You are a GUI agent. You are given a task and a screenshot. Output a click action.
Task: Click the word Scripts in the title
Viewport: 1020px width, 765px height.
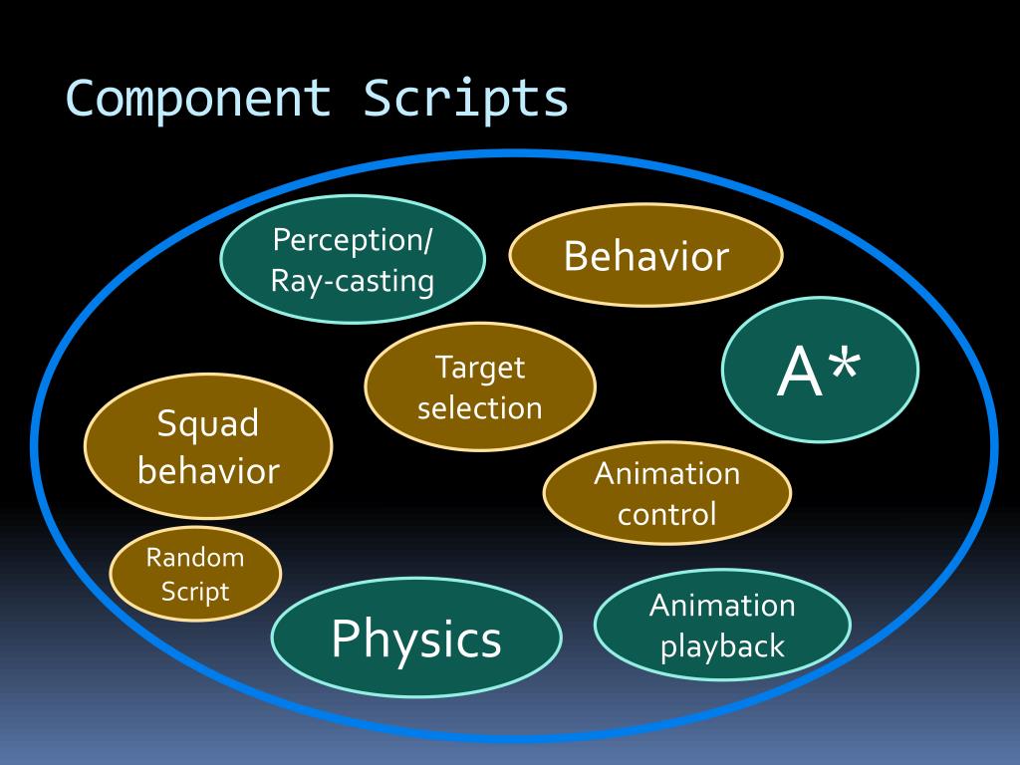465,99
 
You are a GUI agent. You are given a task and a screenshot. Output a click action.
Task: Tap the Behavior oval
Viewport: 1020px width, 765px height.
645,257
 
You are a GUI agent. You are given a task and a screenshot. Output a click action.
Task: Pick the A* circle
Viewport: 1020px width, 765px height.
819,371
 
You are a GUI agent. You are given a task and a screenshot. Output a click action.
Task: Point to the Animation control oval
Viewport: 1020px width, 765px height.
666,493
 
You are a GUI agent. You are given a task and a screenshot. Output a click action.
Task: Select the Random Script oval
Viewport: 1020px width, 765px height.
195,575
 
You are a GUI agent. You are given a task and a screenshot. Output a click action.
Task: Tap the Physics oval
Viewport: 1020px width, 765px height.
416,637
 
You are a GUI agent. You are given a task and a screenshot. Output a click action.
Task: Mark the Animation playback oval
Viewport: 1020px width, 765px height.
722,626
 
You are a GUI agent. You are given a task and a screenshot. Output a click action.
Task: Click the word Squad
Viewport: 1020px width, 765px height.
208,424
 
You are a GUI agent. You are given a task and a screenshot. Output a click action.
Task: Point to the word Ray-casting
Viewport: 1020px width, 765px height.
353,282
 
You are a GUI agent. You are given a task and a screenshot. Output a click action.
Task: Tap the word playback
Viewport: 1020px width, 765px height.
722,647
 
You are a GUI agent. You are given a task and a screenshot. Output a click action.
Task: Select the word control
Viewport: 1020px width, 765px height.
666,515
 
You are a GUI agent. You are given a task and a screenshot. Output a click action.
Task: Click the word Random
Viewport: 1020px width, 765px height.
195,558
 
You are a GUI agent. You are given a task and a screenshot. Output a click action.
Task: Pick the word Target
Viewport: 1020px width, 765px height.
479,368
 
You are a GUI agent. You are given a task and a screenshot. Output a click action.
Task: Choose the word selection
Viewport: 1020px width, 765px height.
479,407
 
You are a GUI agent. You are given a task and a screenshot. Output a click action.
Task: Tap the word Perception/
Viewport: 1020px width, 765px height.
353,240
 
